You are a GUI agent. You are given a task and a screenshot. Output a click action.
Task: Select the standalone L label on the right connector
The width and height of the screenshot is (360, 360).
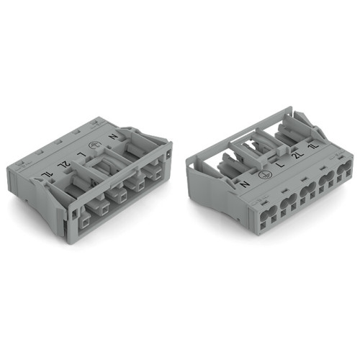pos(279,166)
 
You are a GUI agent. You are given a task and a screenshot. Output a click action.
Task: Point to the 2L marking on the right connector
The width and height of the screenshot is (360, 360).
pos(297,155)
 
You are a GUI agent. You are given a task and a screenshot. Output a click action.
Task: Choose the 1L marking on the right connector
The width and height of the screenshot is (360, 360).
pos(311,146)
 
